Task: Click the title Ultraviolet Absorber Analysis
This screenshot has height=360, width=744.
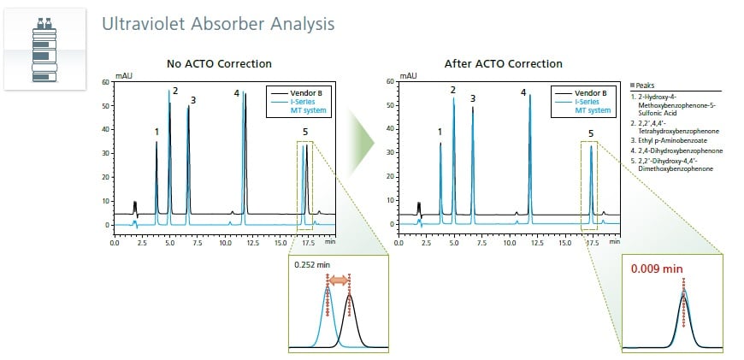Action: [x=218, y=23]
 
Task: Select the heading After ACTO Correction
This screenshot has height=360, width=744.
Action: [x=504, y=64]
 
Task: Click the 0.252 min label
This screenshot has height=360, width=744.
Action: [x=312, y=265]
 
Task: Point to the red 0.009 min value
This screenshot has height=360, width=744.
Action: [x=657, y=269]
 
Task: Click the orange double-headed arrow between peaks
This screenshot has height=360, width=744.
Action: [x=338, y=280]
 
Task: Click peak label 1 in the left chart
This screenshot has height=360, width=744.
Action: [x=156, y=132]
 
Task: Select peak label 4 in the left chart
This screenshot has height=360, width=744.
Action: [x=237, y=92]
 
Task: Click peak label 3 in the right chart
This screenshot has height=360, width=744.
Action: [x=473, y=98]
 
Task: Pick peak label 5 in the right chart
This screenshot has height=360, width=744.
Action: [x=590, y=134]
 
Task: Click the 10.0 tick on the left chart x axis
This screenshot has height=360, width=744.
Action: [x=225, y=242]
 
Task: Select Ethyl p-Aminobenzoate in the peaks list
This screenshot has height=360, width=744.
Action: [x=669, y=139]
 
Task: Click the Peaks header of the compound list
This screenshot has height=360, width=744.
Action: [x=647, y=86]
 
